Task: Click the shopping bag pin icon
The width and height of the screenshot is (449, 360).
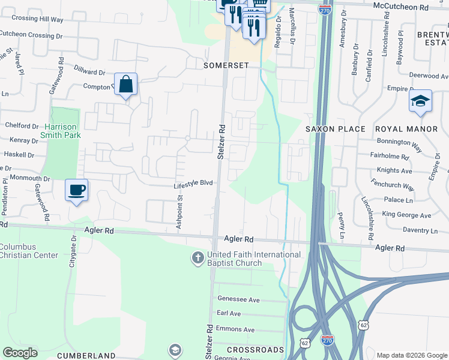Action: tap(126, 85)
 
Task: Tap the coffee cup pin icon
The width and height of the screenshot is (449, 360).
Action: tap(76, 190)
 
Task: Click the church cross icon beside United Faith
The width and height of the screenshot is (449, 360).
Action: tap(197, 259)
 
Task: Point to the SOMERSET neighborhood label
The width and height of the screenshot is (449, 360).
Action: tap(226, 65)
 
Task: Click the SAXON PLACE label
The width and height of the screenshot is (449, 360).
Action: tap(335, 129)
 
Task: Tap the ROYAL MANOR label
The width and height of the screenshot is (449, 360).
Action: tap(406, 129)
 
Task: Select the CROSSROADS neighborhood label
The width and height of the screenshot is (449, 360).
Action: tap(255, 349)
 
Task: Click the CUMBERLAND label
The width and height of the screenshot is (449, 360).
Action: tap(86, 356)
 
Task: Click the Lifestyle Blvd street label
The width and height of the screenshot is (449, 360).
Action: tap(193, 184)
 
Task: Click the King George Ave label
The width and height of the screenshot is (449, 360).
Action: tap(406, 215)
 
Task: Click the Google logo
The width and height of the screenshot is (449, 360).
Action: tap(20, 353)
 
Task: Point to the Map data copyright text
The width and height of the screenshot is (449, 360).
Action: tap(412, 355)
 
